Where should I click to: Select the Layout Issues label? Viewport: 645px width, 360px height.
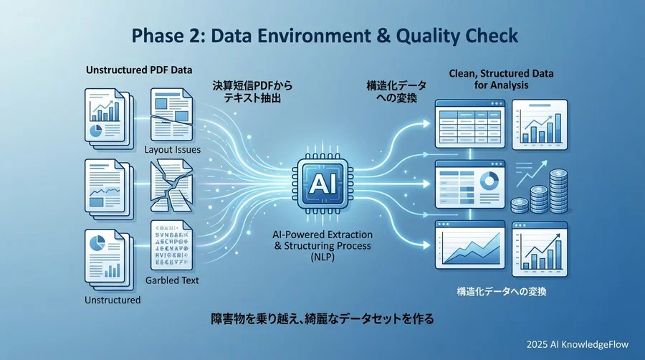coord(172,150)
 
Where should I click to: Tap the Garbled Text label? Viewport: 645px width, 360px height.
coord(172,280)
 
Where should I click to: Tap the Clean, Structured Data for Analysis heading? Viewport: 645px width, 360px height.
coord(501,79)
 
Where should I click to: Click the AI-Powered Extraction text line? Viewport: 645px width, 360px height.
coord(322,235)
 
